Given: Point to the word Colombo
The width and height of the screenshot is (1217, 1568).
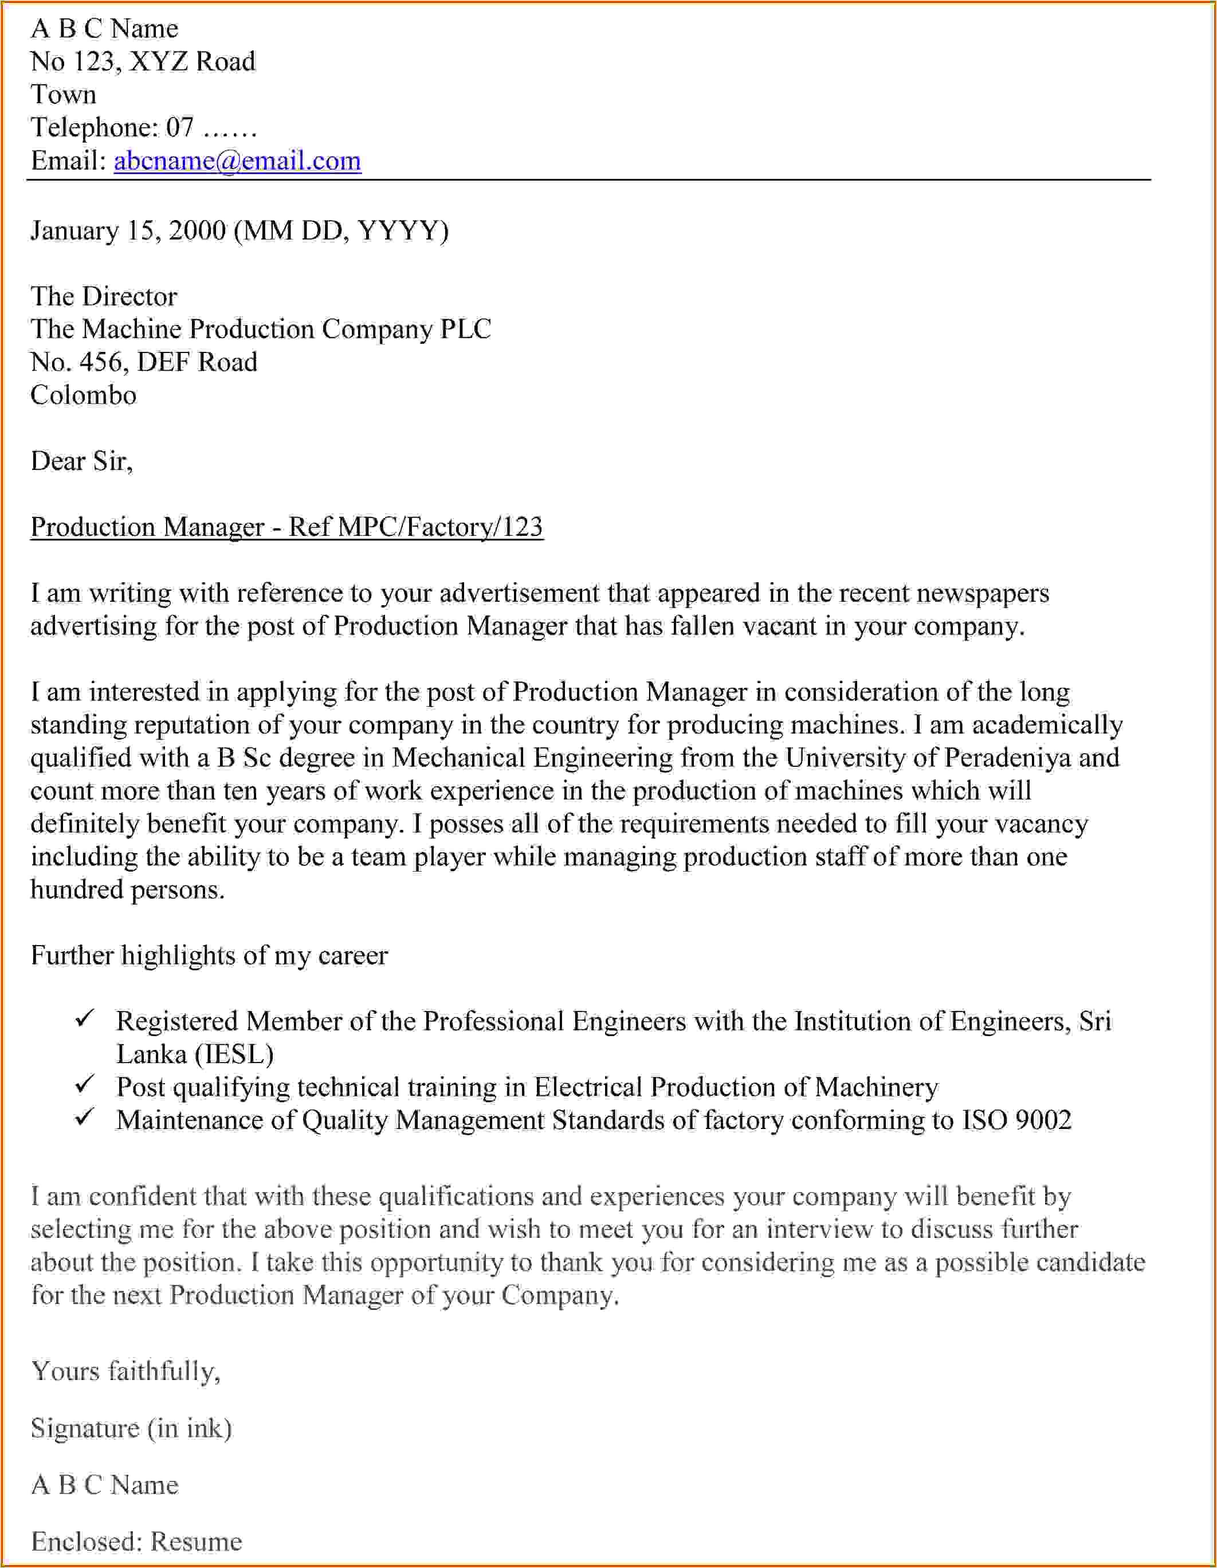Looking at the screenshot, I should (83, 395).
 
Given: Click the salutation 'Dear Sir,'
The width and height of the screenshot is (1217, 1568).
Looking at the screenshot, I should (82, 461).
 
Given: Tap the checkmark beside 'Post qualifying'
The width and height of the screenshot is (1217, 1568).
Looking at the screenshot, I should (85, 1084).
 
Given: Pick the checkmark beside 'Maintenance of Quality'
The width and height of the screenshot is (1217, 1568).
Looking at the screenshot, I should (85, 1117).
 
